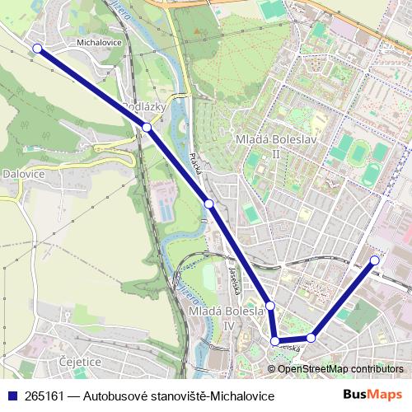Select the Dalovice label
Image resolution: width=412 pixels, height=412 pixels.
coord(22,174)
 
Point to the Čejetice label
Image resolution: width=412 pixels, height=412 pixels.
coord(80,361)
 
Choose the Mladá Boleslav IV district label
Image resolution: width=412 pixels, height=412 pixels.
coord(223,319)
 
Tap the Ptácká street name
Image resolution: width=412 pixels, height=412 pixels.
coord(195,162)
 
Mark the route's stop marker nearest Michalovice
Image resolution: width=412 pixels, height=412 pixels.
coord(37,49)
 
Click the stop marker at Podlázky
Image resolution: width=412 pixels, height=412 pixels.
coord(146,128)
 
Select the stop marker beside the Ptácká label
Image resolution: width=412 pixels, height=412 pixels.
coord(209,204)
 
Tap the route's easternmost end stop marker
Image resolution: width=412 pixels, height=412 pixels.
coord(375,260)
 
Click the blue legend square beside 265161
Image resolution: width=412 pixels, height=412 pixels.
coord(12,396)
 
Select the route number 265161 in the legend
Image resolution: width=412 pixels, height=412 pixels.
coord(44,396)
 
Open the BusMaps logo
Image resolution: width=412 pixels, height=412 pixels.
coord(372,395)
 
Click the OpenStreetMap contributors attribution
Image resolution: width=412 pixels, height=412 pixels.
coord(340,368)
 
